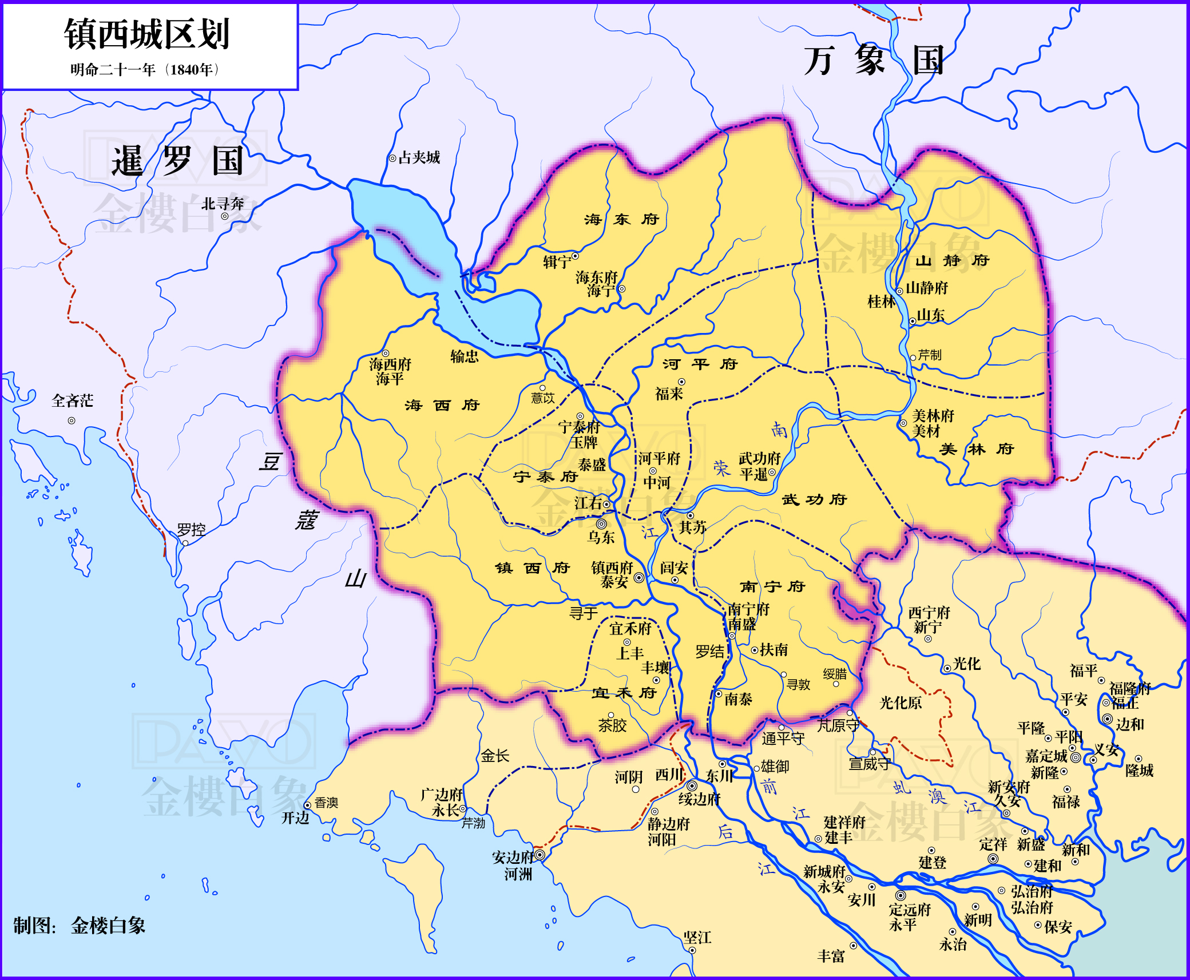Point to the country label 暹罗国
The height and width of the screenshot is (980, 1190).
(x=177, y=161)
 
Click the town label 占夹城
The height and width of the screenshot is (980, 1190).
(x=419, y=158)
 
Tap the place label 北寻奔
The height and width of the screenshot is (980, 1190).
(x=223, y=204)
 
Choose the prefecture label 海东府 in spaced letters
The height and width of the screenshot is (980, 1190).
(x=622, y=219)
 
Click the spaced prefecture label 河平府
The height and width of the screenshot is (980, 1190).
(x=700, y=364)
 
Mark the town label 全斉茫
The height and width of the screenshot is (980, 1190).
(x=72, y=400)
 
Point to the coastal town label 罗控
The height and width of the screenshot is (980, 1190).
(x=191, y=530)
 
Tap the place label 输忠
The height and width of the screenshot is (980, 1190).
(x=464, y=356)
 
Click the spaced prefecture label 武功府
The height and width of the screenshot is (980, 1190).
(x=814, y=499)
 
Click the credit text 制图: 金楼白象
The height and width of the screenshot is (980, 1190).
(x=80, y=925)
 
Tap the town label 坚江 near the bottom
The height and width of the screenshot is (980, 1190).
(x=697, y=937)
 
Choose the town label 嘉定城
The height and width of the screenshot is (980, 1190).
(x=1046, y=756)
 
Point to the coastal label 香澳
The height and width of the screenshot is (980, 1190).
(x=326, y=803)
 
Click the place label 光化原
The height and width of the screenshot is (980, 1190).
(x=901, y=703)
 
